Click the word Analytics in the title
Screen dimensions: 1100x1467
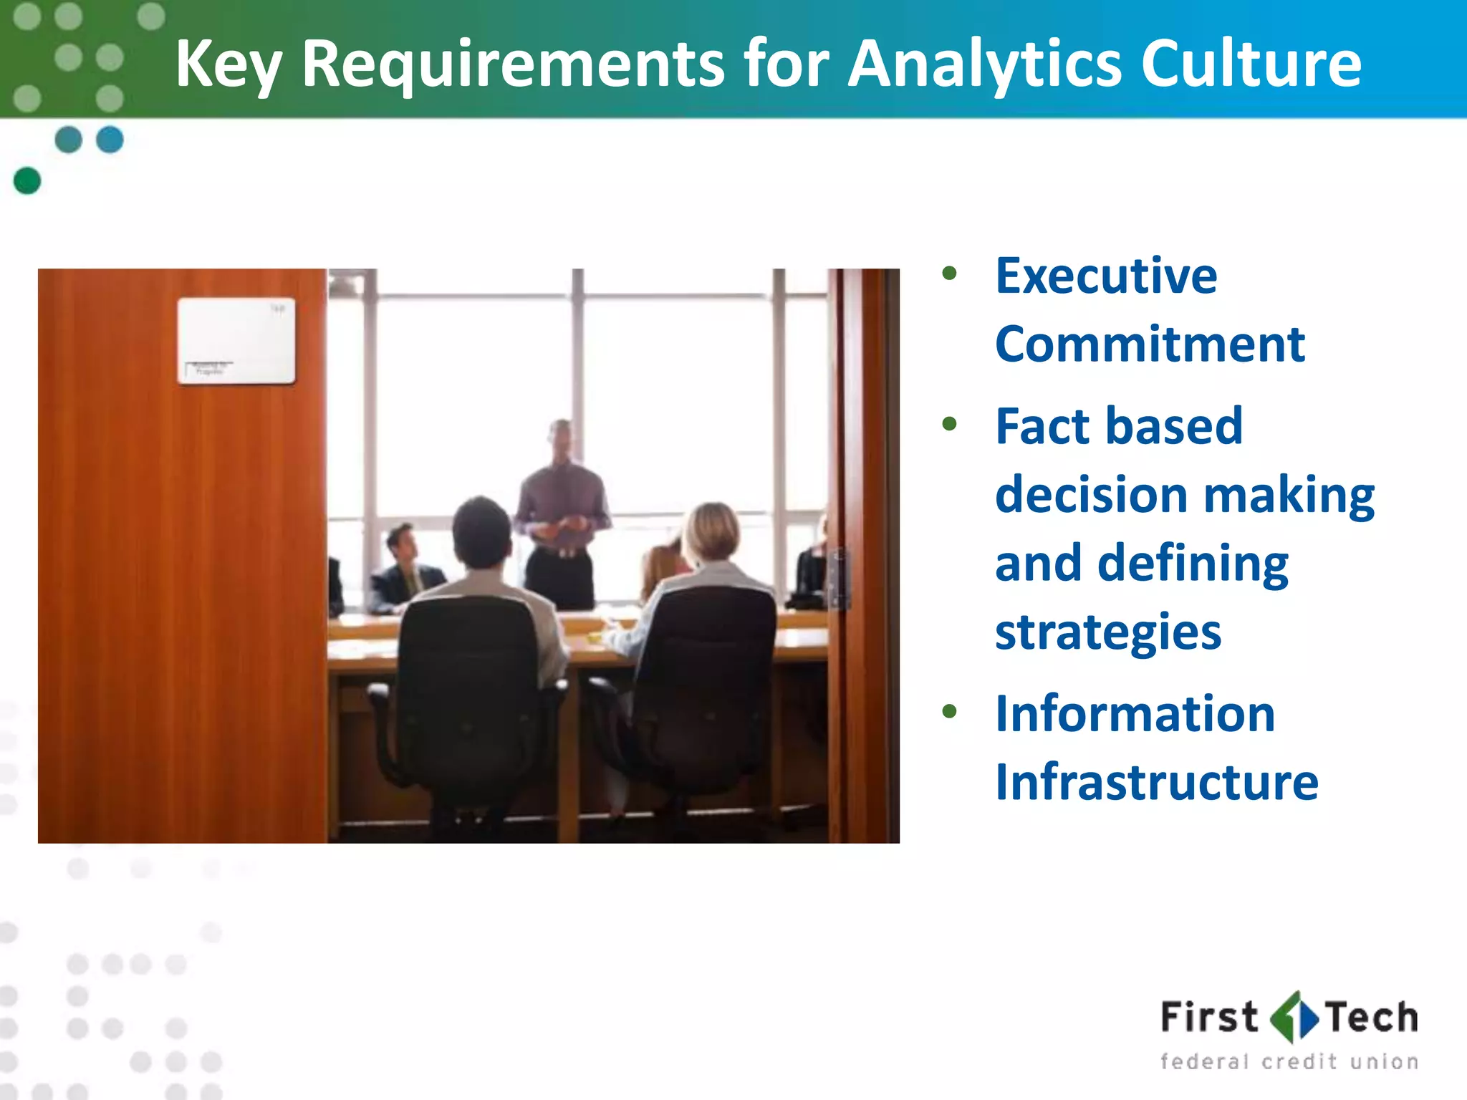[984, 64]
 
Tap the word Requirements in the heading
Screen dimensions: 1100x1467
[513, 64]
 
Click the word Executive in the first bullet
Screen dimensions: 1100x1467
[1106, 276]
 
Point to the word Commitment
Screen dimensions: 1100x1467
[1150, 344]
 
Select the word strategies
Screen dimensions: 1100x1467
[1107, 632]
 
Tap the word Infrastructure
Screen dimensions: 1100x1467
[1156, 781]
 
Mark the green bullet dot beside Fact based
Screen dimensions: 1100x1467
[950, 424]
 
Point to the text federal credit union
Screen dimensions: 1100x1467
[1289, 1061]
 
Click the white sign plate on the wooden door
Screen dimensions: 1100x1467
[236, 341]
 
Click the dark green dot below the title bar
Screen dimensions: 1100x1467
[27, 180]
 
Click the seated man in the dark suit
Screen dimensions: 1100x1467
[405, 573]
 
